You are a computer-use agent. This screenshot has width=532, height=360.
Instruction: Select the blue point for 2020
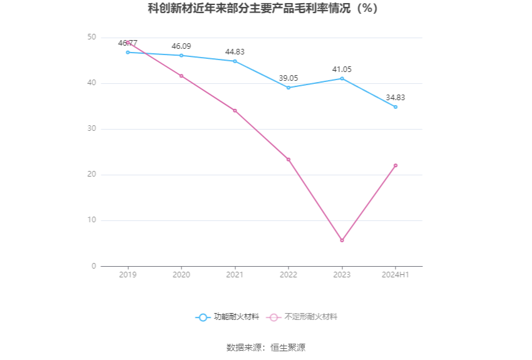(182, 56)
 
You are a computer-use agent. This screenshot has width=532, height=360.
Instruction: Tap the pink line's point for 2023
(342, 240)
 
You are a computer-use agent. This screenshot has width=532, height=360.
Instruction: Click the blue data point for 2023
(342, 78)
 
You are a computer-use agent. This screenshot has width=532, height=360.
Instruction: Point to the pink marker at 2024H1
(396, 165)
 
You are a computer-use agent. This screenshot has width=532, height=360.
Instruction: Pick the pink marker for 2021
(235, 110)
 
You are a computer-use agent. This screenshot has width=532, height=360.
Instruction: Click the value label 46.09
(182, 46)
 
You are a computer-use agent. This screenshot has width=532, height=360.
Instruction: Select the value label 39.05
(289, 78)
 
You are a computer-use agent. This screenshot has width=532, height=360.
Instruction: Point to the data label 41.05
(342, 69)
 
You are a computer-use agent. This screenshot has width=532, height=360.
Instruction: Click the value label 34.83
(396, 98)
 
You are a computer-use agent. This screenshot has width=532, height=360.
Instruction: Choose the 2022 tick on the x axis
(289, 275)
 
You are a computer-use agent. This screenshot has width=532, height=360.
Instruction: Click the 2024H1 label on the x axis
(396, 275)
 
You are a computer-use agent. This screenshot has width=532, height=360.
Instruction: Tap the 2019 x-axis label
(128, 275)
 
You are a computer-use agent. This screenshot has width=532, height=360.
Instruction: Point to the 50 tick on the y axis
(92, 38)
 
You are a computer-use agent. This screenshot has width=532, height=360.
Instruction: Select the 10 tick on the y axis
(92, 220)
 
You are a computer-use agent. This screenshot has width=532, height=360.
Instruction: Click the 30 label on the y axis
(92, 129)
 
